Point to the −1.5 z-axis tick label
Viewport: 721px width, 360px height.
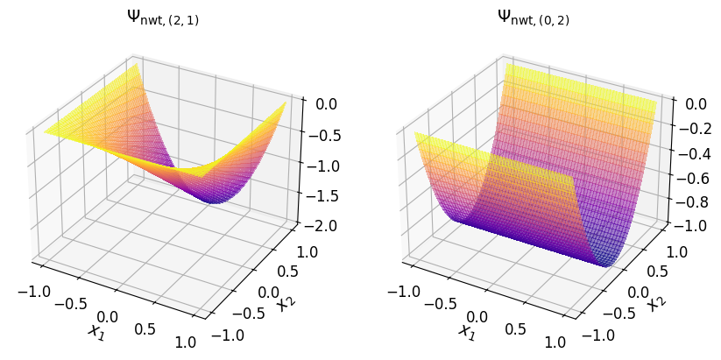point(328,196)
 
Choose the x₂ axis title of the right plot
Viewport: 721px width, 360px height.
point(654,302)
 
